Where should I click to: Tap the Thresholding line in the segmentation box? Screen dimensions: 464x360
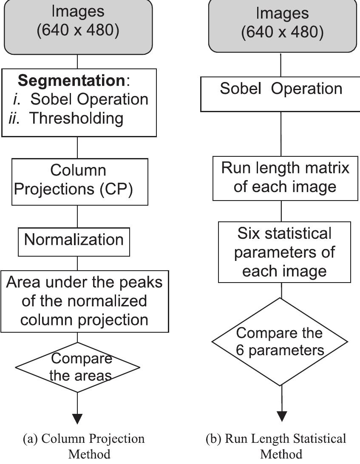pos(76,118)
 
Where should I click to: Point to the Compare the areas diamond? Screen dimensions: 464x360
pos(77,367)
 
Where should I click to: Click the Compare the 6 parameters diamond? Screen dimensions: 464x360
pos(281,342)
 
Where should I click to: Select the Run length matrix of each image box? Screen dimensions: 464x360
pos(285,177)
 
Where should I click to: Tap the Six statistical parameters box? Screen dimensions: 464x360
pos(284,252)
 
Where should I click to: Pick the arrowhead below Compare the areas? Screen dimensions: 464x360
pos(77,418)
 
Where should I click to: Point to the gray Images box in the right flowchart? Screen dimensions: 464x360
pos(282,24)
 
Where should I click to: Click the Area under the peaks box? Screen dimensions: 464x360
pos(84,301)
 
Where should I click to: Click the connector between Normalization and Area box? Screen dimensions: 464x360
pos(77,263)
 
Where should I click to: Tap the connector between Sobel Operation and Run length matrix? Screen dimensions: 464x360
pos(281,134)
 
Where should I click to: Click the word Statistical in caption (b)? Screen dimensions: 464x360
pos(316,439)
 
